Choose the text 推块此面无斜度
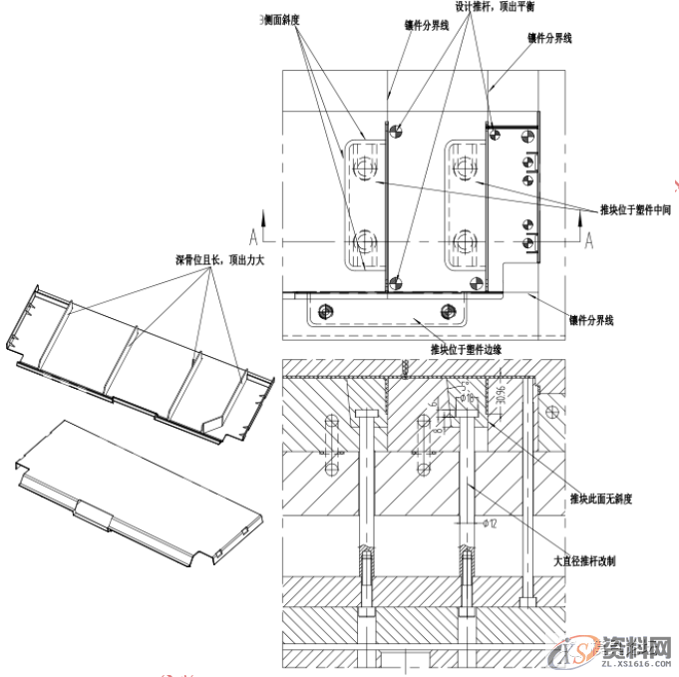pyautogui.click(x=601, y=497)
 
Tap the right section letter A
pyautogui.click(x=589, y=237)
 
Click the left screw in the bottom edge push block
pyautogui.click(x=321, y=310)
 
